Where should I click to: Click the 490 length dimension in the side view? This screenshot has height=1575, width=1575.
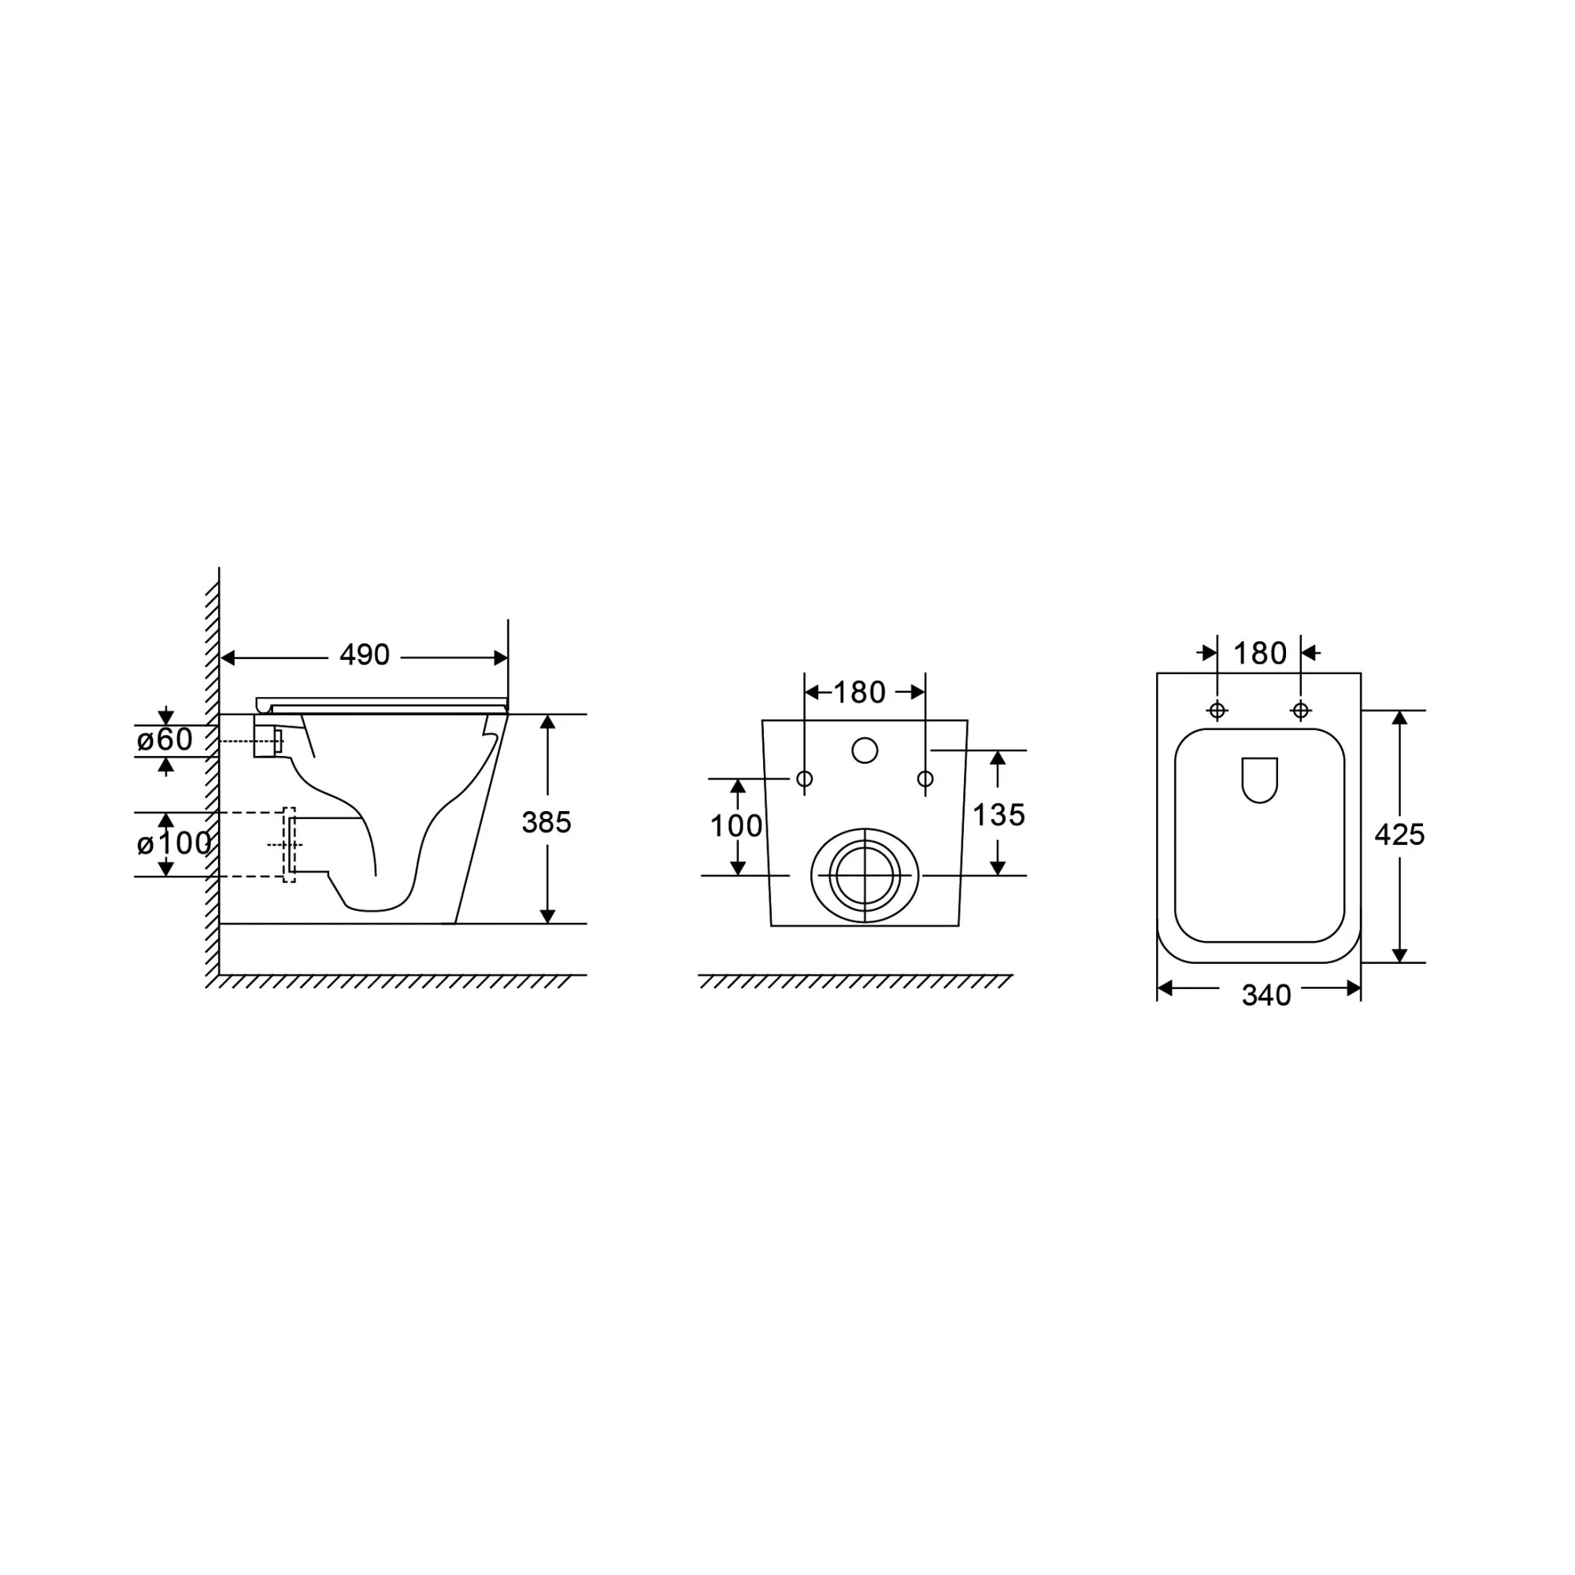click(365, 654)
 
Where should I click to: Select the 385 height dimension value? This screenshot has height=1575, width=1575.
click(547, 823)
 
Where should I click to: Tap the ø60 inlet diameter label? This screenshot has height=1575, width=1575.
click(165, 739)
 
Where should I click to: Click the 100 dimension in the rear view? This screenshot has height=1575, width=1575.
click(736, 827)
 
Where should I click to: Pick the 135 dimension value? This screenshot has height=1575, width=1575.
click(999, 814)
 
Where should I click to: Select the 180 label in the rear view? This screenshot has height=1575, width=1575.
click(859, 693)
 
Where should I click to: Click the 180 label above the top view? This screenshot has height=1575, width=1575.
click(1259, 653)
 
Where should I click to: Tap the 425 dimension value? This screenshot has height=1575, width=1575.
click(1399, 835)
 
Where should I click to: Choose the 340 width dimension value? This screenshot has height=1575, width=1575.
click(1266, 995)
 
